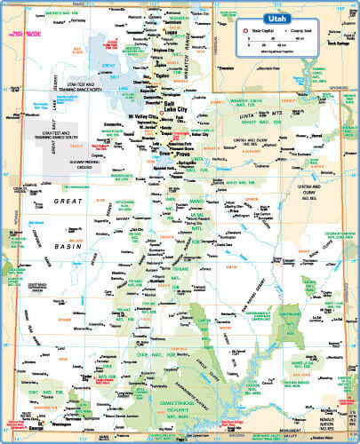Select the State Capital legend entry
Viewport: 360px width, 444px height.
coord(265,31)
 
